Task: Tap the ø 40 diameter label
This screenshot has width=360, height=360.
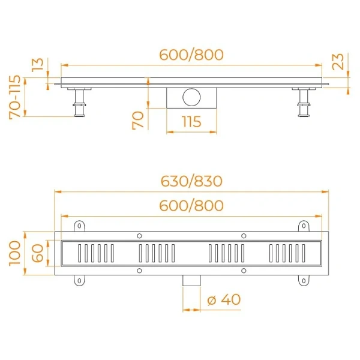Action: coord(223,299)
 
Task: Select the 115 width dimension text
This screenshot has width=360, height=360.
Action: coord(191,121)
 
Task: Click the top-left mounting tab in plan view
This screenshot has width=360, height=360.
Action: coord(79,226)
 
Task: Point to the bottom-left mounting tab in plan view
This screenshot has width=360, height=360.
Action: coord(79,280)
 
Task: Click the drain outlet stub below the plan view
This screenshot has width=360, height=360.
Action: coord(191,281)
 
